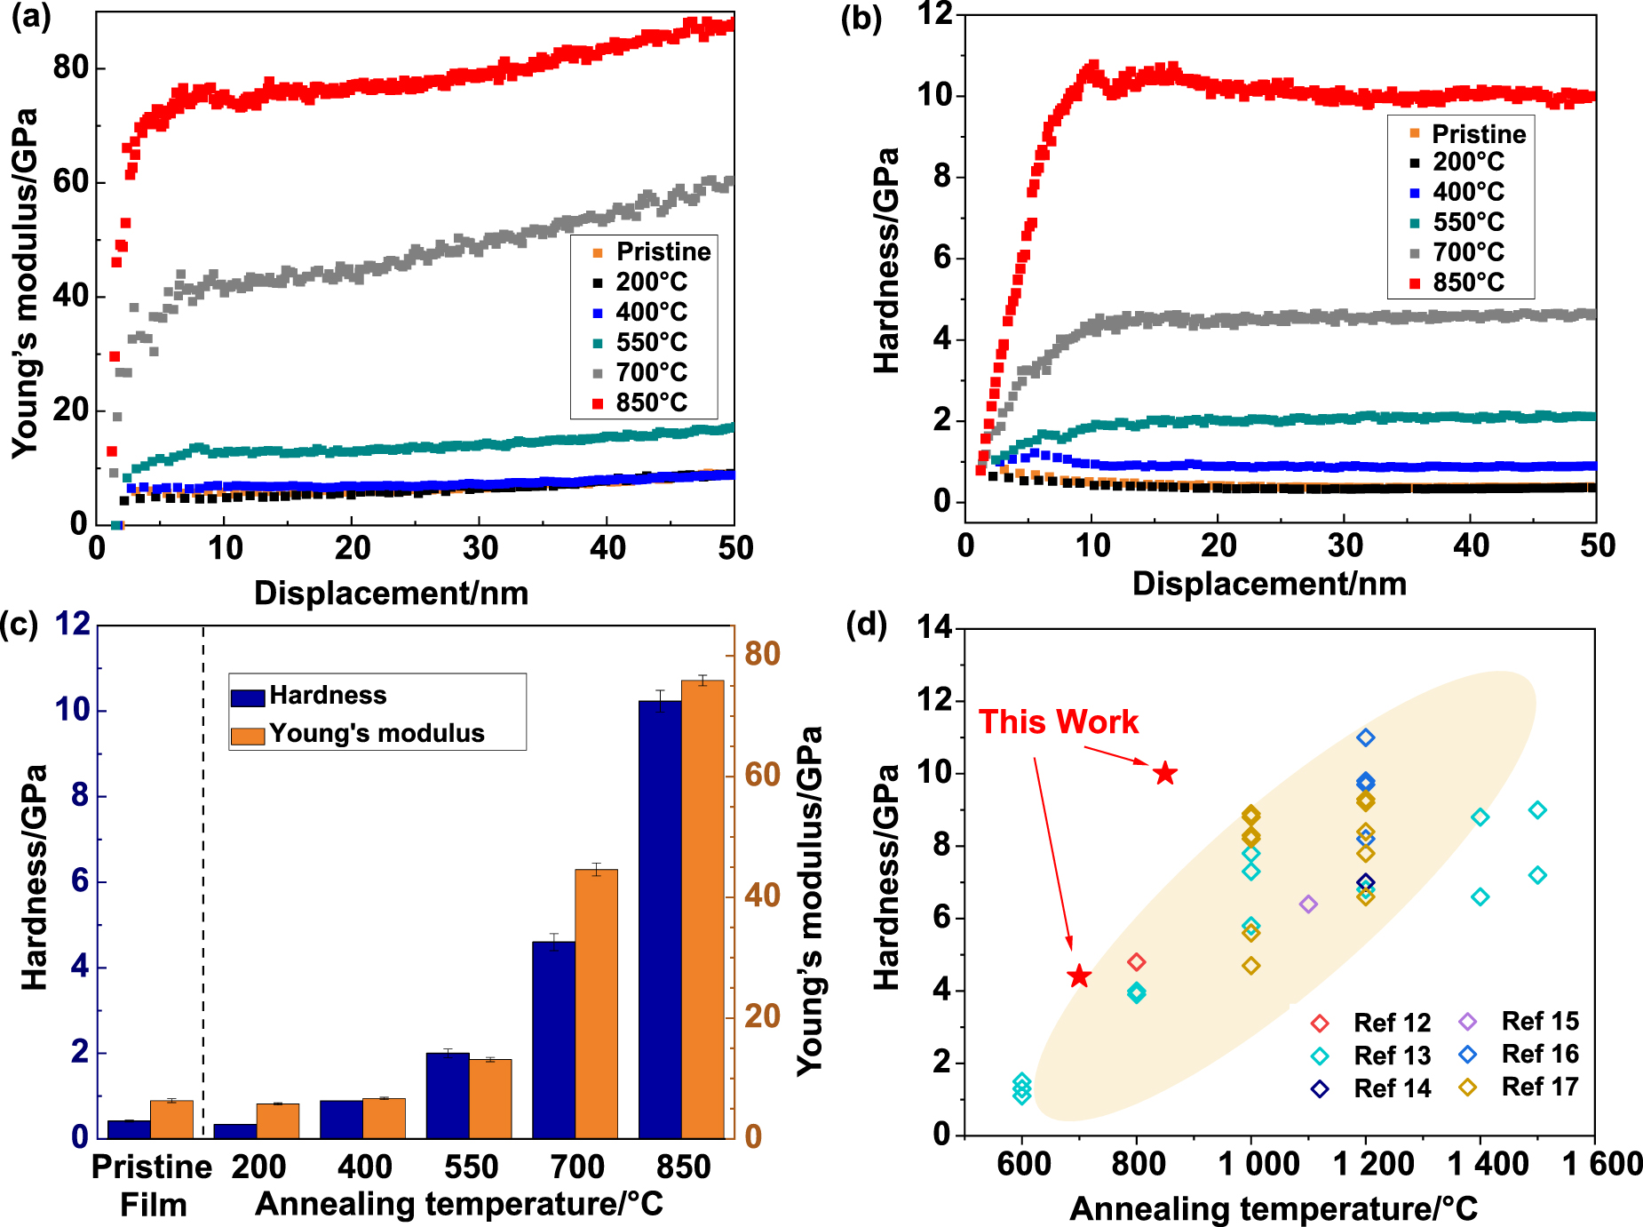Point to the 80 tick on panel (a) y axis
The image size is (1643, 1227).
[x=70, y=68]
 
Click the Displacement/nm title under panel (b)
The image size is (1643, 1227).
[x=1269, y=584]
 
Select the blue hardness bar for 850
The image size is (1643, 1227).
[x=660, y=919]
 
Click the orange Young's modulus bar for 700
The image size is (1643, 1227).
[x=596, y=1004]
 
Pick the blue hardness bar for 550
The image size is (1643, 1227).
[x=448, y=1095]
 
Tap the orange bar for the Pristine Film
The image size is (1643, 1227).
[x=171, y=1119]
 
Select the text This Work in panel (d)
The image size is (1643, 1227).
[x=1058, y=721]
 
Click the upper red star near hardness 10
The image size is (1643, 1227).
[x=1165, y=774]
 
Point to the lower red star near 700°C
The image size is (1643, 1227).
[x=1078, y=976]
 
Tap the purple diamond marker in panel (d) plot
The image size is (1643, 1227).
[x=1308, y=904]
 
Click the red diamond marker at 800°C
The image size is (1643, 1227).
[x=1136, y=962]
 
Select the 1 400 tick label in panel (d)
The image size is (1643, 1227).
[x=1488, y=1164]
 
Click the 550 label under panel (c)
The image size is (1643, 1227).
[x=471, y=1167]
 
